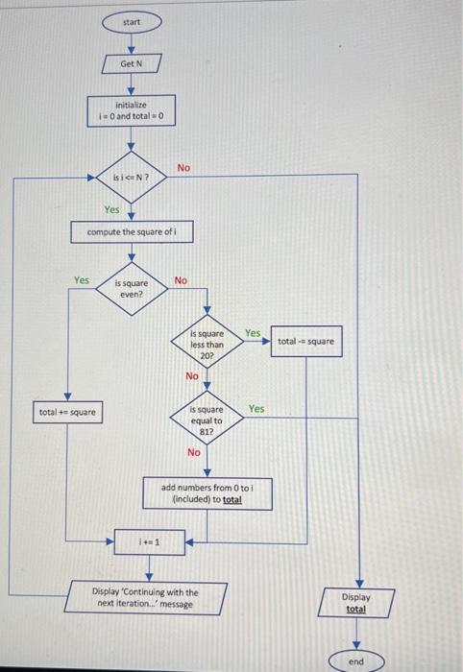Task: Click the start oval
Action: (131, 21)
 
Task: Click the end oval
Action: (355, 661)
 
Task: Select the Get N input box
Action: (131, 63)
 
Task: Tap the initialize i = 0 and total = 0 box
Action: (131, 111)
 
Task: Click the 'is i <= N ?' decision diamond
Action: (131, 178)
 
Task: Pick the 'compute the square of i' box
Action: (131, 232)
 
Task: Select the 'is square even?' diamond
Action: (131, 289)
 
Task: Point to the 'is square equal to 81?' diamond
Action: (206, 420)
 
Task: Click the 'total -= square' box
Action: (306, 341)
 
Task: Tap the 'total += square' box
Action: (66, 413)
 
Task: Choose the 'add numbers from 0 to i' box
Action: (206, 493)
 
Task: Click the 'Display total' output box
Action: (355, 603)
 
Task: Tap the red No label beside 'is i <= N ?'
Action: (183, 168)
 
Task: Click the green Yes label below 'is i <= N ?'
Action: (112, 208)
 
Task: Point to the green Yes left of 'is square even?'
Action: (82, 280)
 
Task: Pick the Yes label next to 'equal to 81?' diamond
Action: (256, 408)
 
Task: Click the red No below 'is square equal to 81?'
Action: (194, 452)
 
